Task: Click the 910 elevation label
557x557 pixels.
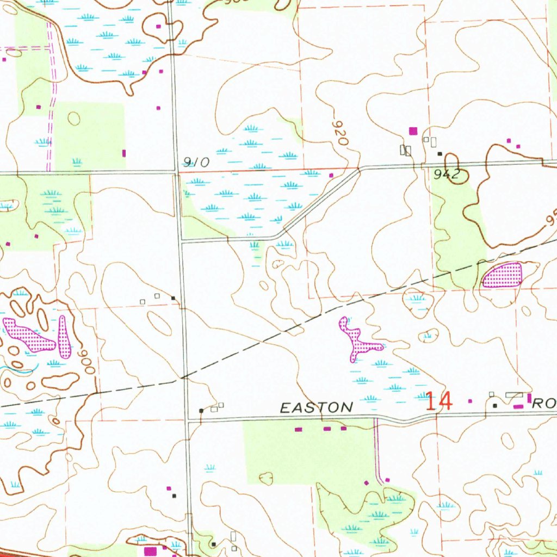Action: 196,162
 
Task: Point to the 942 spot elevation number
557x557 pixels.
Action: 448,175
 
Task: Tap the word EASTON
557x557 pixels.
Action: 317,407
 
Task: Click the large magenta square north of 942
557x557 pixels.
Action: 413,131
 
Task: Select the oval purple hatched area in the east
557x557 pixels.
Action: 502,275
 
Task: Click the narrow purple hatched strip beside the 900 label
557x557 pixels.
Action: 65,337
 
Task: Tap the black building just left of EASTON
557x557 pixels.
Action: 201,410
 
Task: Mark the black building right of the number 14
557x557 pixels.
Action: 494,406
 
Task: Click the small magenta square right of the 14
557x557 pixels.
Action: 471,401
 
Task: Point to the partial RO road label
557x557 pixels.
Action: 543,404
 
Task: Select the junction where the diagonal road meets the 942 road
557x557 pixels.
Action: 359,170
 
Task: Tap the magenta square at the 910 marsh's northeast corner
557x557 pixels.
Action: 332,175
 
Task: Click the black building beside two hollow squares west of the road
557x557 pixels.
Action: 173,298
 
